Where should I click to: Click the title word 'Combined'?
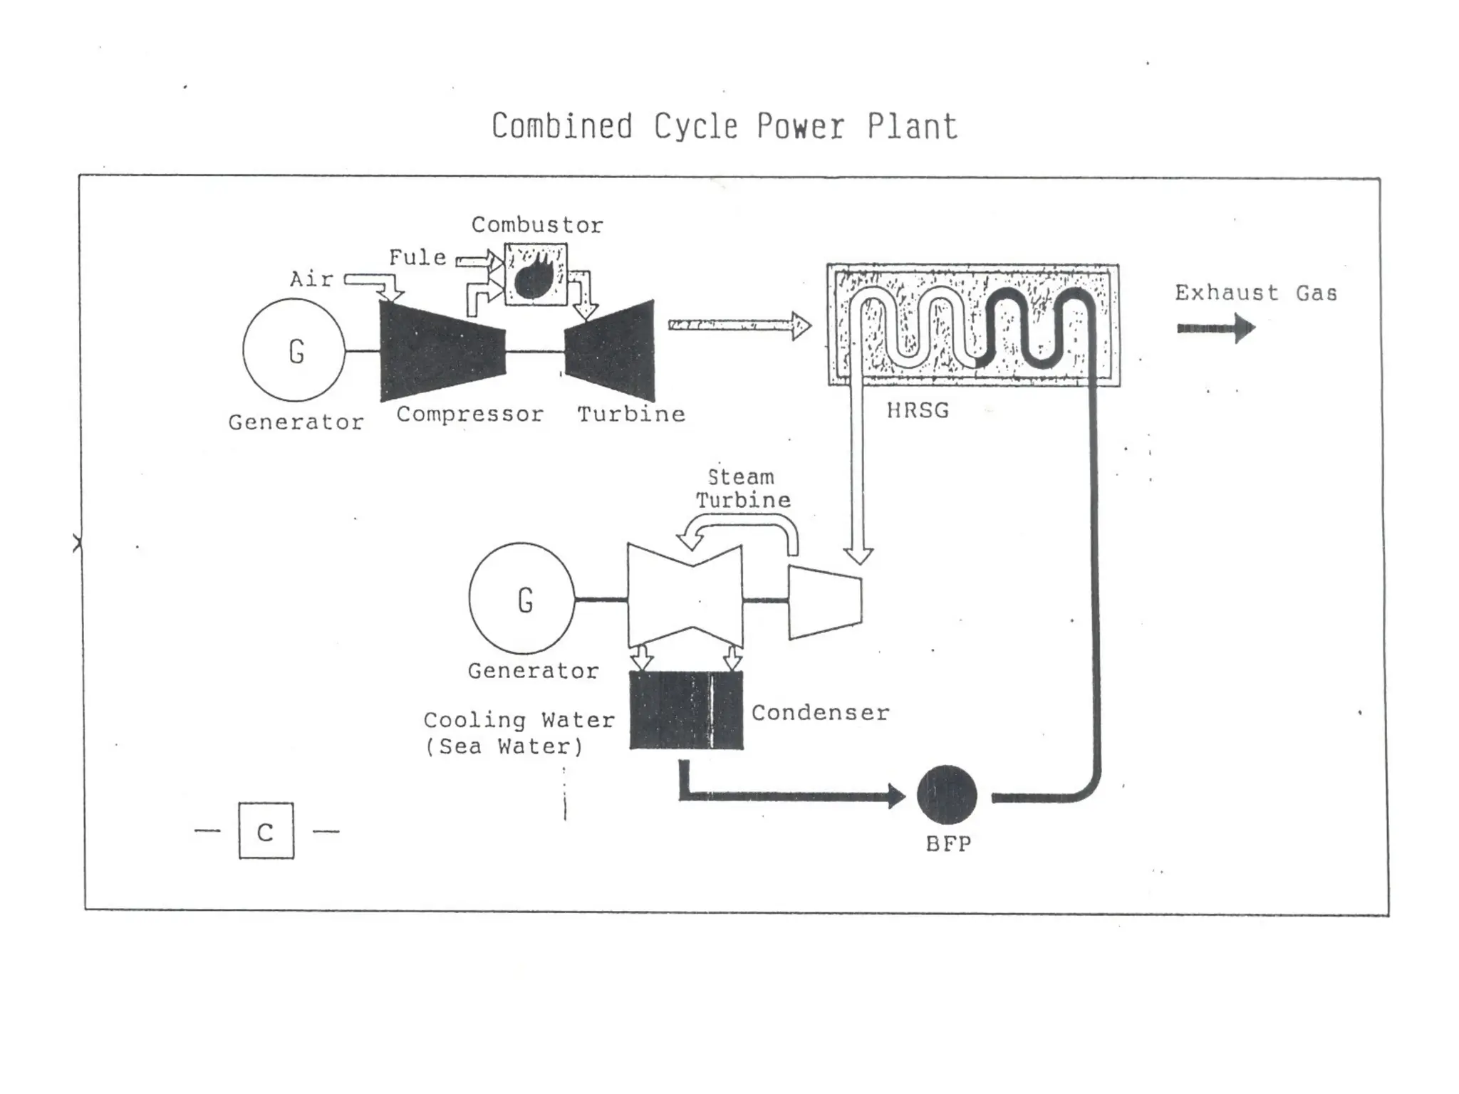561,127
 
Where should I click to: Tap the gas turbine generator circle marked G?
294,350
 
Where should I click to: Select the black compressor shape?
441,350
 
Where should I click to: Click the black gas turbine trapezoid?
613,350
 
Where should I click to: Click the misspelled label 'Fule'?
417,257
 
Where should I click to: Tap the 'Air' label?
311,278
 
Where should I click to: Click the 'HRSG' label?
918,411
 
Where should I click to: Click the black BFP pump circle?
947,795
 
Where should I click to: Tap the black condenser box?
686,710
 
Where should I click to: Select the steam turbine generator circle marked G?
522,599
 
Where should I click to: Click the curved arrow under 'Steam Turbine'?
741,534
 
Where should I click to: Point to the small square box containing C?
266,830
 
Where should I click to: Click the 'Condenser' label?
820,712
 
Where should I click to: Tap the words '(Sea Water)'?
504,746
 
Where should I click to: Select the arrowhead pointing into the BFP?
896,795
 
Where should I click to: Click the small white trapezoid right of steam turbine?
824,602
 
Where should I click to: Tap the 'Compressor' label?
469,414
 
